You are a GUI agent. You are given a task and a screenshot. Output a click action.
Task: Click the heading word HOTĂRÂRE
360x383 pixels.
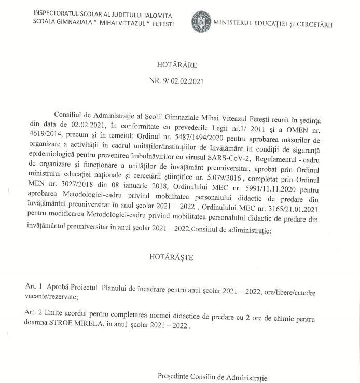tap(174, 66)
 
